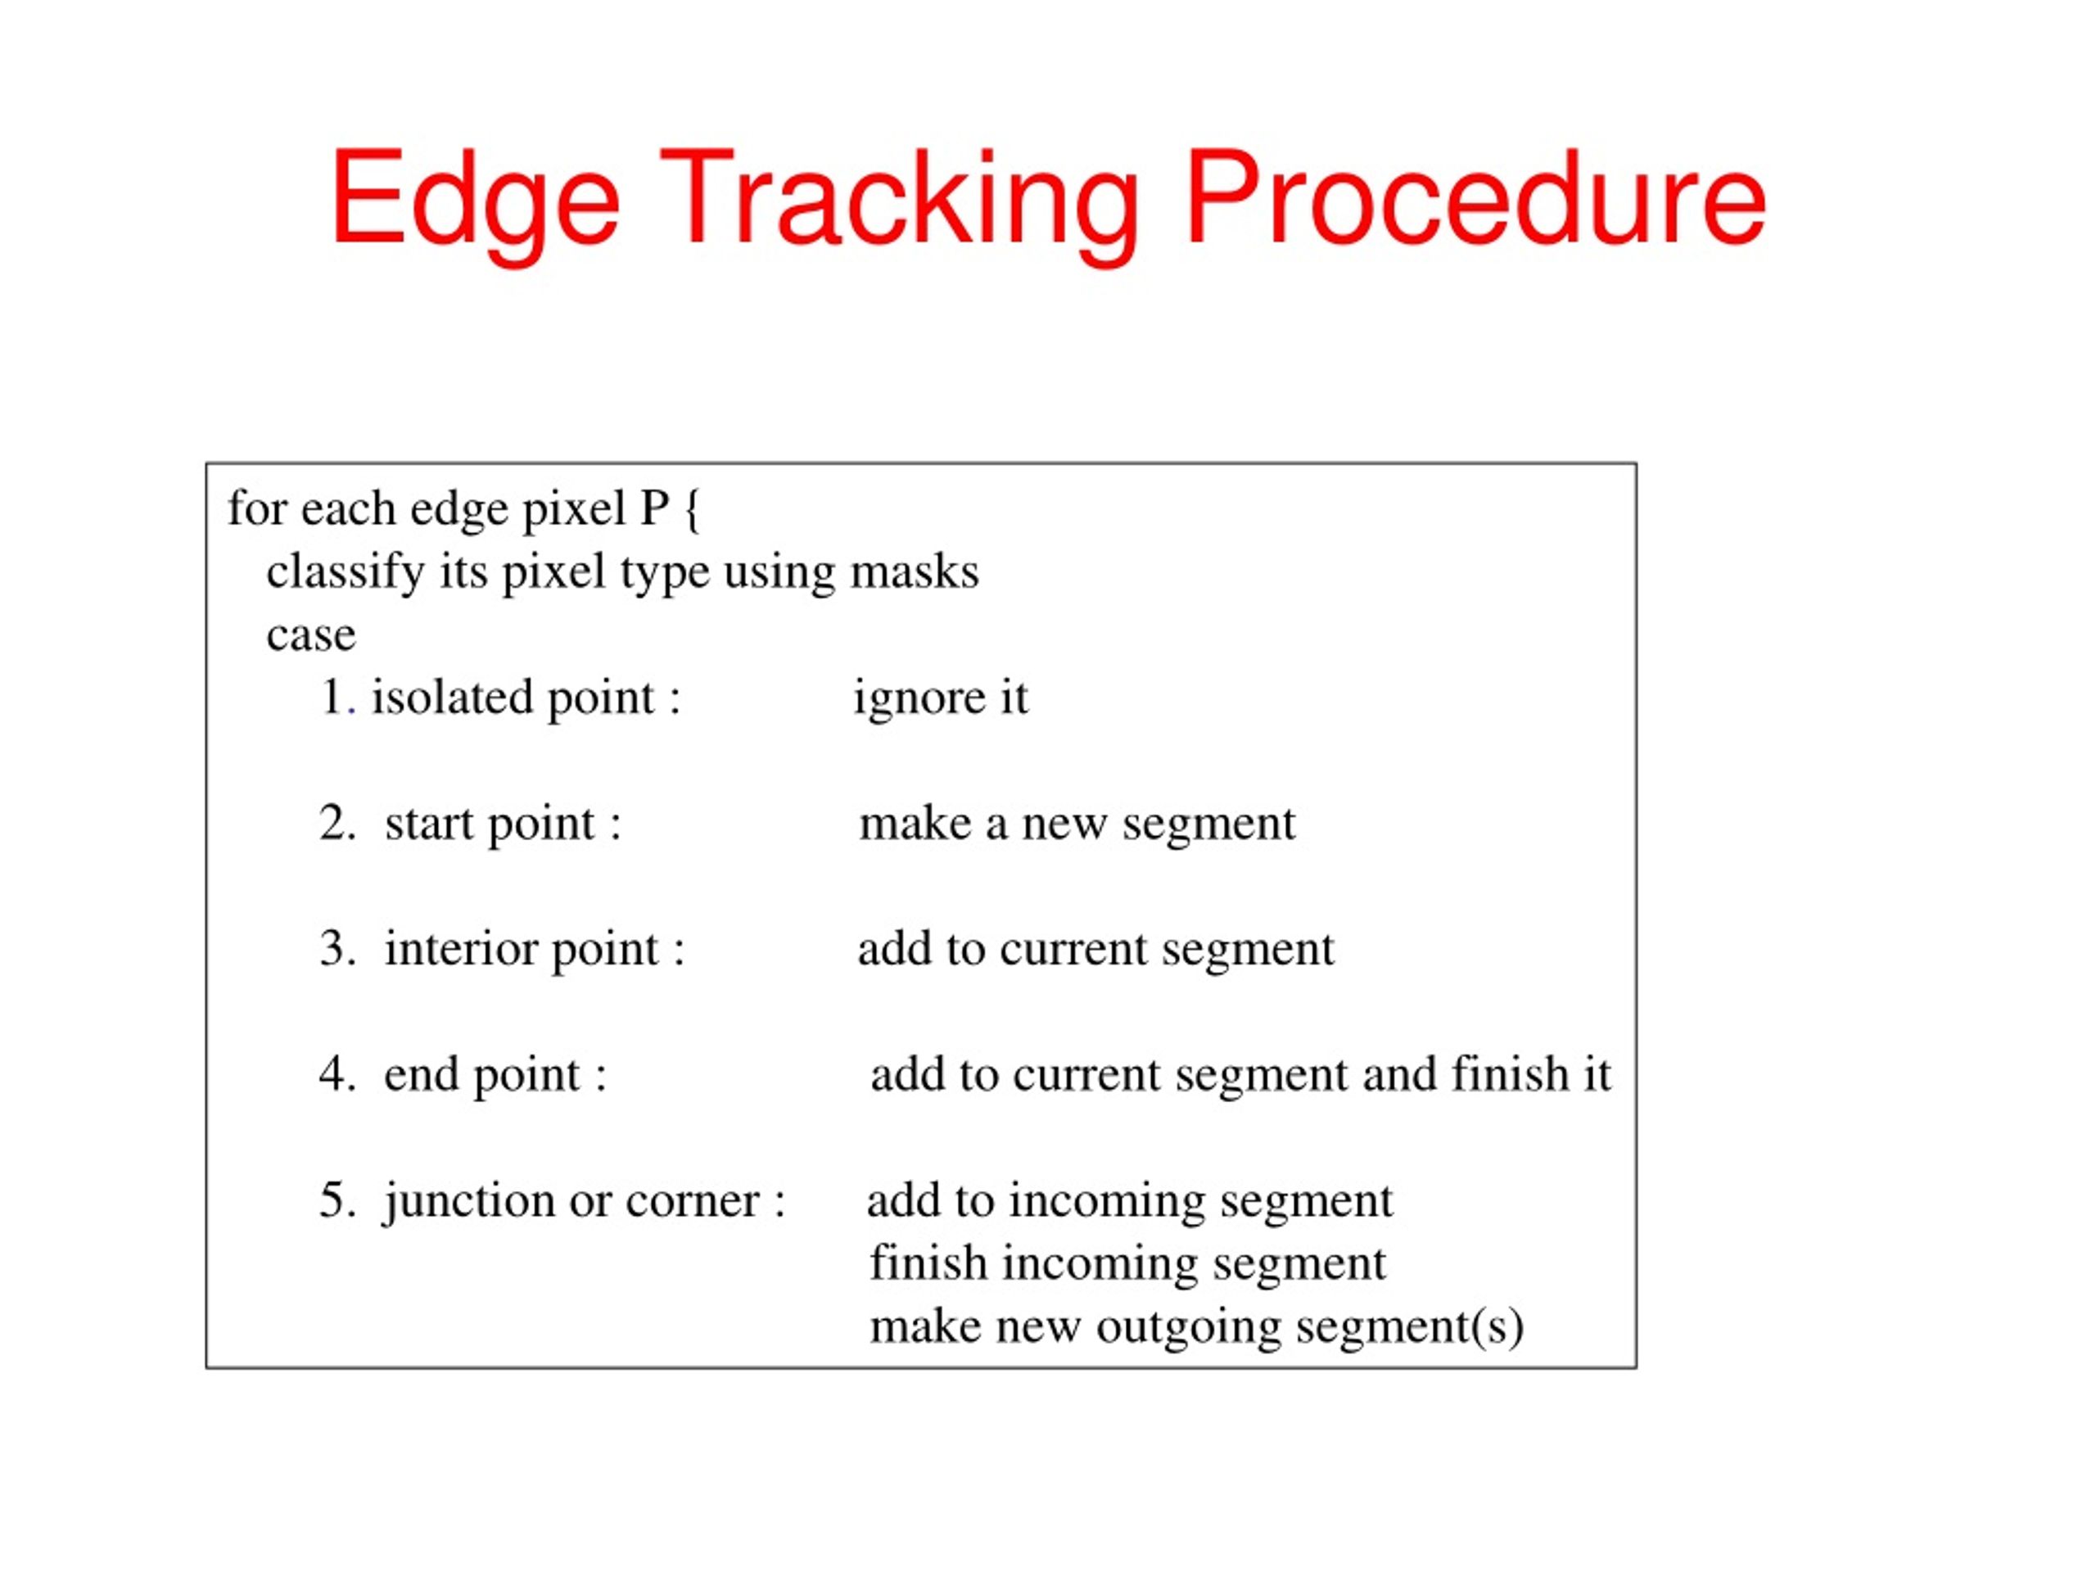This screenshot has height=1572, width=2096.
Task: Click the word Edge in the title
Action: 474,201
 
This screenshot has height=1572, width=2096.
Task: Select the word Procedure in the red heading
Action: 1475,201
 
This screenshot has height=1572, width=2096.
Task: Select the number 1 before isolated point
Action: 332,698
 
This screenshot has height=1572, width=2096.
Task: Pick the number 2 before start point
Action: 337,824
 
